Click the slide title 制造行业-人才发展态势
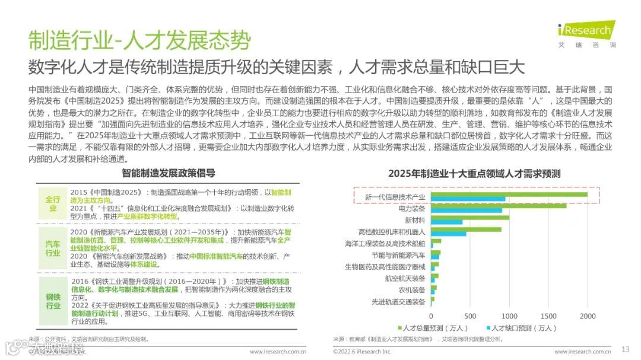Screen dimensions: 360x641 point(140,40)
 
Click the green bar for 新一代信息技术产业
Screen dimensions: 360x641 point(509,194)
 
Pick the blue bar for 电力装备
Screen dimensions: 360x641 point(467,210)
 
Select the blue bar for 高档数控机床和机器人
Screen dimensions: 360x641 point(449,234)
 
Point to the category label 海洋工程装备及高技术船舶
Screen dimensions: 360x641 point(385,244)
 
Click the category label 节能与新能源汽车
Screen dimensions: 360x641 point(398,256)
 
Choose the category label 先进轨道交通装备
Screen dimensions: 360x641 point(398,302)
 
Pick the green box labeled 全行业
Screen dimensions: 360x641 point(53,203)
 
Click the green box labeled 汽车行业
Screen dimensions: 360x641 point(53,249)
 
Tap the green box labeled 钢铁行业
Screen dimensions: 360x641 point(53,301)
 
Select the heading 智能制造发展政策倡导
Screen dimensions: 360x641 point(169,174)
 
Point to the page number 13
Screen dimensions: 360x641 point(625,349)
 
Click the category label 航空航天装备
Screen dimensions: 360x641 point(405,279)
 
